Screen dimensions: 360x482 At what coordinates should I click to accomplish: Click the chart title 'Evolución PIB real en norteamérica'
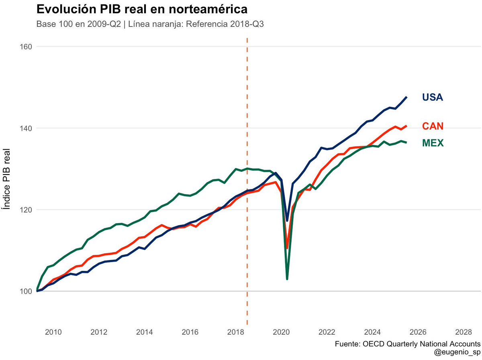(x=142, y=9)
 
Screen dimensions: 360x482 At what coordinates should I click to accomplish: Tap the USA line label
(x=432, y=98)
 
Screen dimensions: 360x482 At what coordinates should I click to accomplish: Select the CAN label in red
(x=433, y=126)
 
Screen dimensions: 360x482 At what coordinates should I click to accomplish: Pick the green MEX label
(x=433, y=143)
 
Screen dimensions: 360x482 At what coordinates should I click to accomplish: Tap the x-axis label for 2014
(x=144, y=332)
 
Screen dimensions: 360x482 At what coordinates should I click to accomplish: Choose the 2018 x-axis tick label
(x=235, y=332)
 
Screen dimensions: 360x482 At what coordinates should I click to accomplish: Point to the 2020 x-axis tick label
(x=281, y=332)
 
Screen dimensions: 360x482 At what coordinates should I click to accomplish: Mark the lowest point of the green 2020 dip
(x=287, y=279)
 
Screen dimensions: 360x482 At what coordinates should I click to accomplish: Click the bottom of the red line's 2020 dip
(x=287, y=247)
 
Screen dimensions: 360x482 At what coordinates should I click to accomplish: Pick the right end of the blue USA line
(x=407, y=97)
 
